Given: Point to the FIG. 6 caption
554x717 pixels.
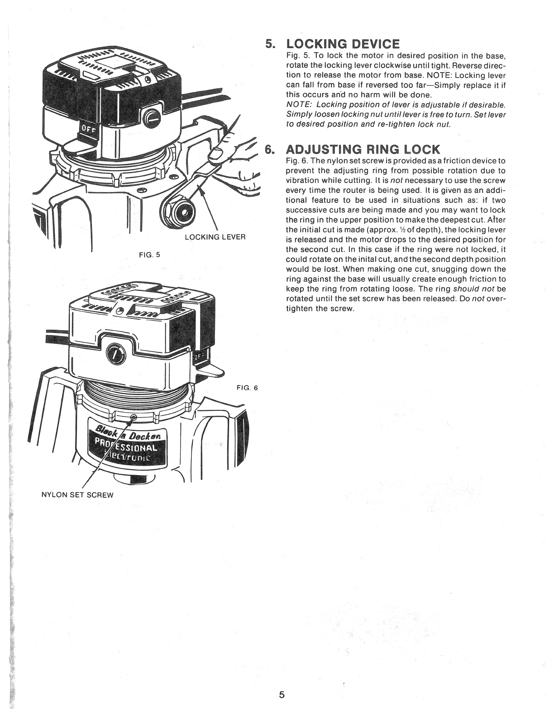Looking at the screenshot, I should (247, 388).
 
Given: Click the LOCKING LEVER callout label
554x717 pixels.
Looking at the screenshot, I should (215, 237).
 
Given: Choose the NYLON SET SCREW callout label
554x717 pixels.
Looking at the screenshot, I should (77, 495).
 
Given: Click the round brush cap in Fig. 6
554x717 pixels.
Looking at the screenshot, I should (113, 354).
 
